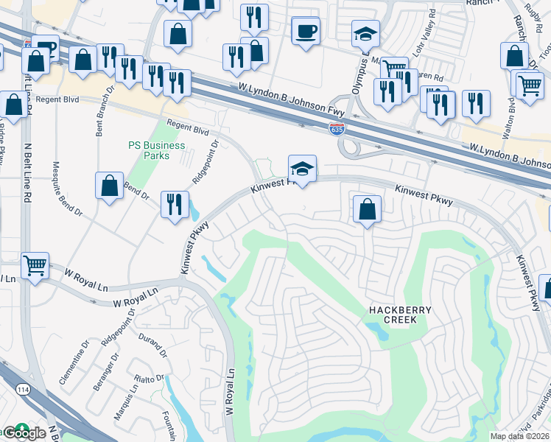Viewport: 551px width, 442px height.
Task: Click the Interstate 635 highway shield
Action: (x=337, y=130)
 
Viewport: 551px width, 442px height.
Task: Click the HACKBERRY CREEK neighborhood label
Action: (x=390, y=315)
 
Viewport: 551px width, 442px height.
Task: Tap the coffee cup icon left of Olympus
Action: (x=306, y=32)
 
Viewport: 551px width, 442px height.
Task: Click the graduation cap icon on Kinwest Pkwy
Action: (x=302, y=169)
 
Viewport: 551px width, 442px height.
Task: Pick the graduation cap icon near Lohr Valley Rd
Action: (x=365, y=35)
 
